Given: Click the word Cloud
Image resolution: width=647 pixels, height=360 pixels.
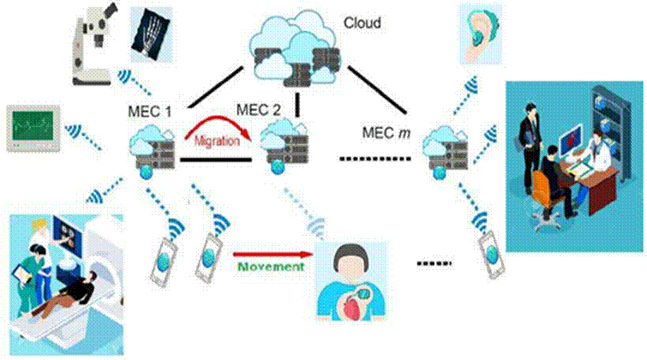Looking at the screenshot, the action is [362, 22].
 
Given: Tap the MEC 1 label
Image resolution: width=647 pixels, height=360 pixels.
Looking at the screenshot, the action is [150, 111].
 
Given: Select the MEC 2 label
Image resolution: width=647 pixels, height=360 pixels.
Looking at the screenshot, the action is [259, 110].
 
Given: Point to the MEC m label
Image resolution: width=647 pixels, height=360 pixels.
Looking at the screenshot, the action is [386, 133].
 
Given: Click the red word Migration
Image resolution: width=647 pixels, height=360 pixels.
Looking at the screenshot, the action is [217, 141].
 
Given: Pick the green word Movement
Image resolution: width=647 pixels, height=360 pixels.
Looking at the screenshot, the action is [271, 267].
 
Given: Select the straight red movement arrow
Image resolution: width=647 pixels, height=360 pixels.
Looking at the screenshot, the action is [273, 255].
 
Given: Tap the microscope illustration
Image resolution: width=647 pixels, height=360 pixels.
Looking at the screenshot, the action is [93, 45].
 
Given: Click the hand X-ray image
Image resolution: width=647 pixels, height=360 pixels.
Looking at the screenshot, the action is [151, 34].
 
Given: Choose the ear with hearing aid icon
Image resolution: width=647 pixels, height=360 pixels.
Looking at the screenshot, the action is [481, 34].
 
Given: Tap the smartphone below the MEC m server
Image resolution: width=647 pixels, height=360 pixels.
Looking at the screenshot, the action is [492, 255].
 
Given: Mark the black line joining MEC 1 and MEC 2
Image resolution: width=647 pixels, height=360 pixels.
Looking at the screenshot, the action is [216, 159].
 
